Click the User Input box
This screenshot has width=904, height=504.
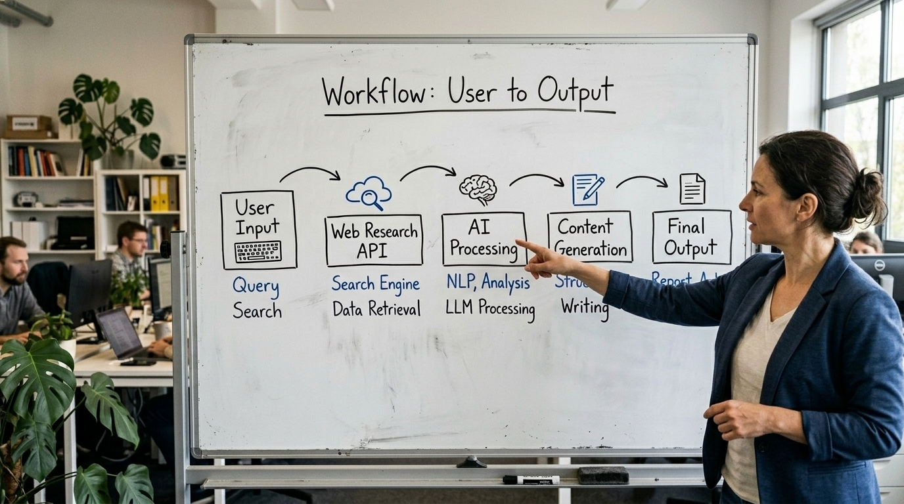pyautogui.click(x=258, y=229)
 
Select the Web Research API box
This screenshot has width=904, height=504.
pyautogui.click(x=374, y=240)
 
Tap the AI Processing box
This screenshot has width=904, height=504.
pyautogui.click(x=484, y=239)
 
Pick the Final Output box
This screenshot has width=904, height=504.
pyautogui.click(x=691, y=237)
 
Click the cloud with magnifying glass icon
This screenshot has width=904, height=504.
pyautogui.click(x=369, y=192)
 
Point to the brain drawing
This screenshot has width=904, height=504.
pyautogui.click(x=478, y=189)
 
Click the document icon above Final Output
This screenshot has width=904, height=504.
pyautogui.click(x=692, y=188)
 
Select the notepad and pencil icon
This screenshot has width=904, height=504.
pyautogui.click(x=587, y=190)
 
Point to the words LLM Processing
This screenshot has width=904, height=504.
pyautogui.click(x=489, y=308)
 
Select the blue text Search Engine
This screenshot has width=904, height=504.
pyautogui.click(x=375, y=283)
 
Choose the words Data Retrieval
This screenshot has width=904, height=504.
pyautogui.click(x=376, y=309)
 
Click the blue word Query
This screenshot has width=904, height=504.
pyautogui.click(x=256, y=287)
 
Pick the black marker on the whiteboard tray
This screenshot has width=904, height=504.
pyautogui.click(x=531, y=480)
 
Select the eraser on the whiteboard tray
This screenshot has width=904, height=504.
pyautogui.click(x=603, y=475)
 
